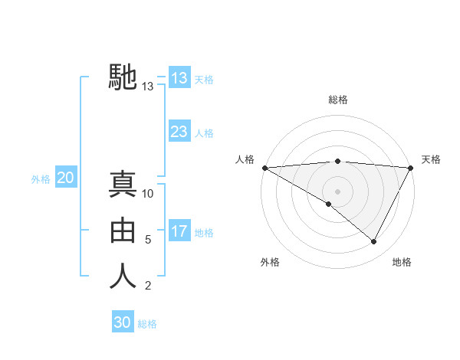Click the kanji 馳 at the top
123,77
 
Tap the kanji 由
123,231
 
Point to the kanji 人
123,277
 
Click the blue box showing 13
179,77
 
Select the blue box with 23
179,131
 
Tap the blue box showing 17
179,231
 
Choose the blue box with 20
65,178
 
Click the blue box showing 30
122,322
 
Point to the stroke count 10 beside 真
148,194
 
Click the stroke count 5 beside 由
148,240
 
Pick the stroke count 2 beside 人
148,286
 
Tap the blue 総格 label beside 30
147,324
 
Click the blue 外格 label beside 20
41,179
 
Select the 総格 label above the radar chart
337,100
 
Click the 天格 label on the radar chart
431,159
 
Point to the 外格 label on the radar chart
270,262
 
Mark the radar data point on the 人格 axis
264,168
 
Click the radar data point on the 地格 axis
374,242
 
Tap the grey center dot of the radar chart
337,191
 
